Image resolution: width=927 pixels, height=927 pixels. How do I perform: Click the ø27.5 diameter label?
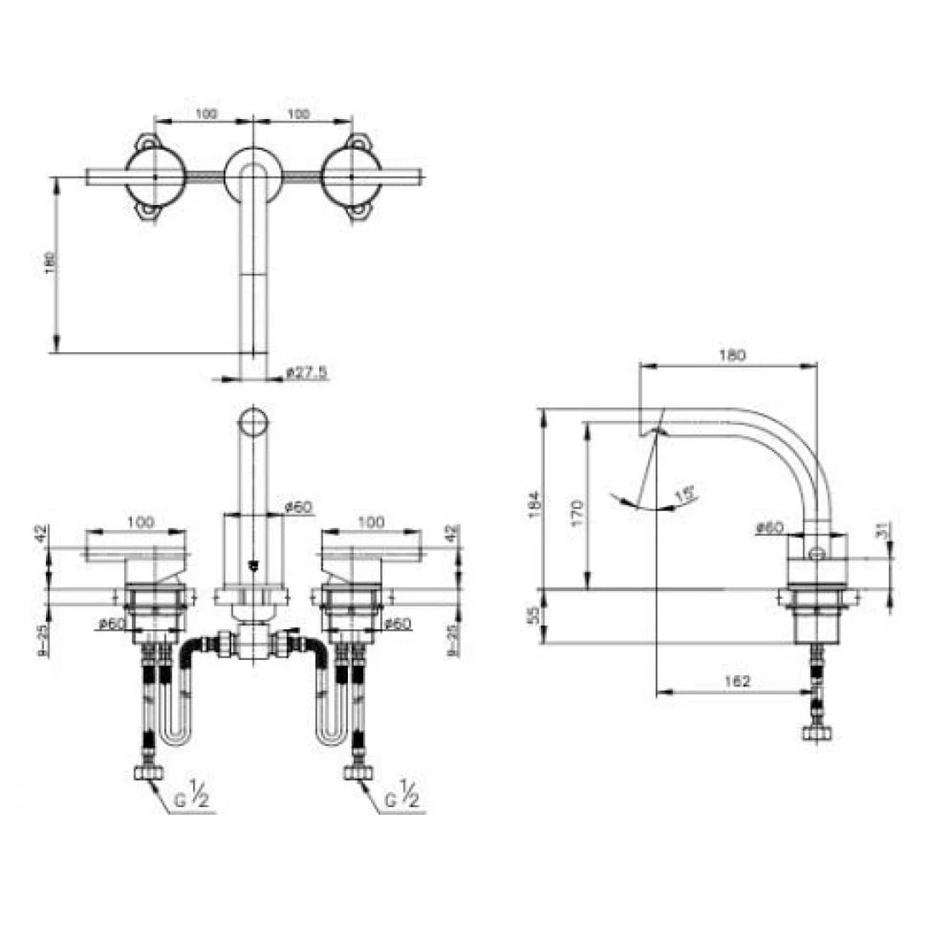[307, 373]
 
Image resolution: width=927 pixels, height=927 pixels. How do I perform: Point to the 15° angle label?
[680, 492]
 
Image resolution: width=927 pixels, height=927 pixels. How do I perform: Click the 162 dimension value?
[738, 680]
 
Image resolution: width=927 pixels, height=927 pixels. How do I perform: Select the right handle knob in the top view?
[351, 176]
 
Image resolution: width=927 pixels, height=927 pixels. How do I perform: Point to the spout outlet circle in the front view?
[253, 423]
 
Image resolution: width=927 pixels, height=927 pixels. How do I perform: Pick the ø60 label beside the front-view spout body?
[299, 507]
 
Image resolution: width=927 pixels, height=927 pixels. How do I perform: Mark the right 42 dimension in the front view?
[454, 533]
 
